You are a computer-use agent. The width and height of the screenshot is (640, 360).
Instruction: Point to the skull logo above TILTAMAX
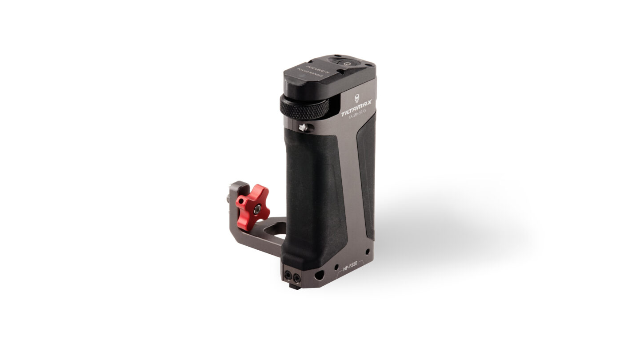357,98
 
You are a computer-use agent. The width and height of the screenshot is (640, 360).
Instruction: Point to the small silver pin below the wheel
303,128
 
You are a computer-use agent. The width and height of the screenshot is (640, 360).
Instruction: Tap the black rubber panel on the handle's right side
366,173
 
